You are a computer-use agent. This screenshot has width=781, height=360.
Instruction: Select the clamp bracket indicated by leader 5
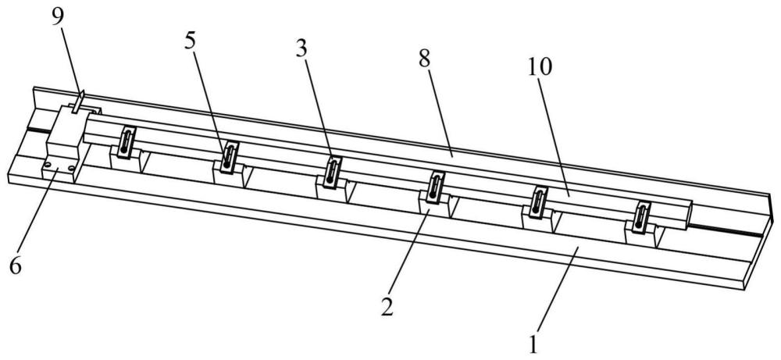(x=227, y=156)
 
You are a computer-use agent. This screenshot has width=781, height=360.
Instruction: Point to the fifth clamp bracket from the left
(x=536, y=201)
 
